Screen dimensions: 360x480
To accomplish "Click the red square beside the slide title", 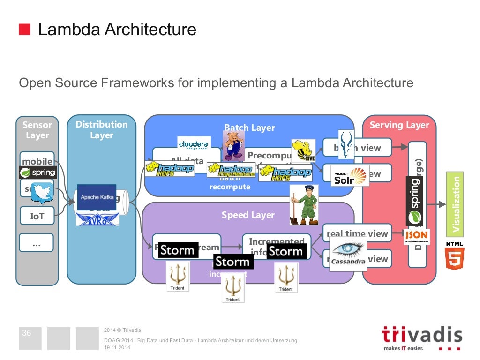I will coord(24,30).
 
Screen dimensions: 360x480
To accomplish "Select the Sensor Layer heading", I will coord(37,130).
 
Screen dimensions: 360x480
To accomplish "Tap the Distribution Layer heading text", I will coord(101,129).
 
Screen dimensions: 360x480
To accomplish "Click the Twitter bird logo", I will coord(43,193).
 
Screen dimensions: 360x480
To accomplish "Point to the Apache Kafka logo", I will coord(97,197).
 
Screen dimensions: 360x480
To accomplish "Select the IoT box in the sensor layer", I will coord(37,216).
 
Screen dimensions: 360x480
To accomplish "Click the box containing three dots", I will coord(37,243).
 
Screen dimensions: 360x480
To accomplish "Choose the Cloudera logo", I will coord(194,143).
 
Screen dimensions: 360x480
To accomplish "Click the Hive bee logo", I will coord(303,150).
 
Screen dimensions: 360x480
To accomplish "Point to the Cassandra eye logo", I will coord(348,253).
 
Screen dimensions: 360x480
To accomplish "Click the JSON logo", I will coord(416,236).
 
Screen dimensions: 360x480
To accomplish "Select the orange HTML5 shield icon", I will coord(455,258).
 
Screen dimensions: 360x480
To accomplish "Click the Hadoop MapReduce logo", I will coord(231,170).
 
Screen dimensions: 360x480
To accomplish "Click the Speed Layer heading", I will coord(248,215).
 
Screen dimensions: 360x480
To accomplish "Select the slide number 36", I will coord(27,333).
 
